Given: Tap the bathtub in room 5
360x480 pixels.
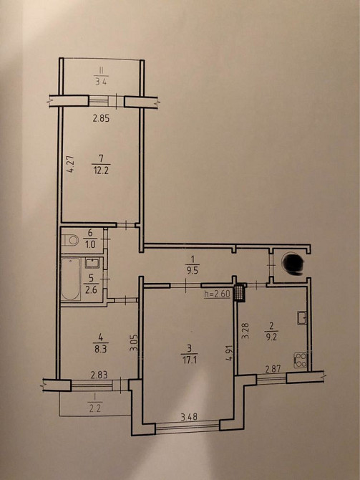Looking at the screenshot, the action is [x=71, y=279].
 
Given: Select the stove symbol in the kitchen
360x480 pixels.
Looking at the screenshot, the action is [x=301, y=360].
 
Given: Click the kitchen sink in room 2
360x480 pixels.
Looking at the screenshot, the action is [x=302, y=317].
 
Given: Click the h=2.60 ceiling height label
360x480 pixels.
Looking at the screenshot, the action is [x=218, y=294].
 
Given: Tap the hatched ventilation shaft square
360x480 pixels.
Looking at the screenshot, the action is [x=240, y=293].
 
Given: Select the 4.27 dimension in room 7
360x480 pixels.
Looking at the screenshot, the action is [x=72, y=165].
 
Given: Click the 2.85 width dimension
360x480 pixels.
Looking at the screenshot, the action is [x=101, y=118].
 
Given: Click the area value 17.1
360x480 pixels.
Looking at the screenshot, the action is [x=190, y=359].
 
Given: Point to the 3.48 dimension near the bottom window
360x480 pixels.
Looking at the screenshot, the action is [x=190, y=416].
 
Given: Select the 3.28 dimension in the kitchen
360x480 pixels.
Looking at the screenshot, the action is [x=245, y=330].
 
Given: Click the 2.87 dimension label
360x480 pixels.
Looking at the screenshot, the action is [x=273, y=370].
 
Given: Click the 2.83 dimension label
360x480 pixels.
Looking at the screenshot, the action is [x=99, y=375].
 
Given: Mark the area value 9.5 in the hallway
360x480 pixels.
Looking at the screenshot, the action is [x=192, y=272].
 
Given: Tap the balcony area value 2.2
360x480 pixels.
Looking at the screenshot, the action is [x=94, y=408].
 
